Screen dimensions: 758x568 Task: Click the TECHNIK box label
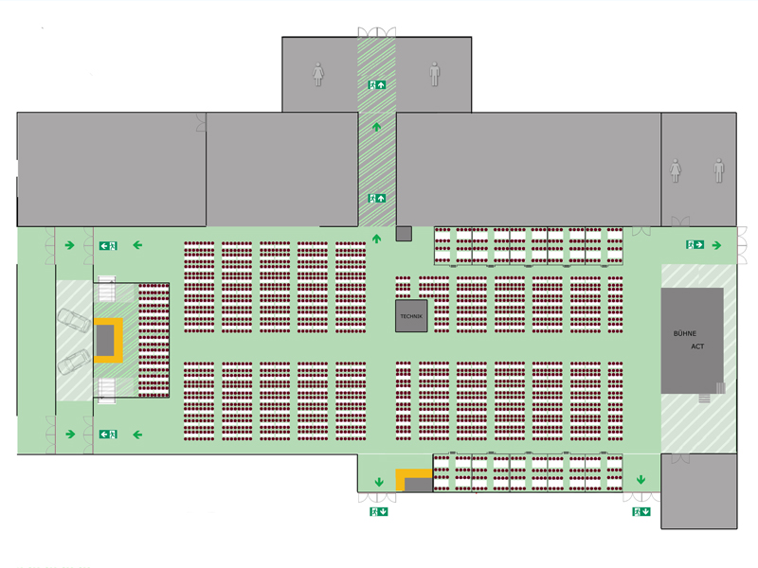point(411,316)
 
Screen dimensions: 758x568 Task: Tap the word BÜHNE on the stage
point(684,333)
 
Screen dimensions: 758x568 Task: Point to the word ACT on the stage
point(697,346)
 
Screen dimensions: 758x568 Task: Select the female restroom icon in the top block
point(317,75)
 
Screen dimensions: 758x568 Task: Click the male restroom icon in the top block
point(435,74)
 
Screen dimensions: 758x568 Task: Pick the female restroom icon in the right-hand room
point(676,170)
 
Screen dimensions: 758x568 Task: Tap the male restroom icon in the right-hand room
point(719,170)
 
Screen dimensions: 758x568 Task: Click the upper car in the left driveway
point(74,321)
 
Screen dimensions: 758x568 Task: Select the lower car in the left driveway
point(74,362)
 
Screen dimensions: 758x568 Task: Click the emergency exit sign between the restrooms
point(376,85)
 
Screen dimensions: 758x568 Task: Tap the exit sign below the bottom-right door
point(641,511)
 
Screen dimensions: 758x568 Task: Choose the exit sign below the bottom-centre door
point(378,511)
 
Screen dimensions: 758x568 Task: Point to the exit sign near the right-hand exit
point(695,244)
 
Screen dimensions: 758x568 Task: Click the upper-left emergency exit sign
point(108,246)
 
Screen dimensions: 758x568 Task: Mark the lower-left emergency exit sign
point(108,435)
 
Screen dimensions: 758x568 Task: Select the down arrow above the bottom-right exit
point(641,480)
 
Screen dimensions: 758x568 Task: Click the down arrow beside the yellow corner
point(379,482)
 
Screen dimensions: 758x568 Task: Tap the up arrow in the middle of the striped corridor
point(376,127)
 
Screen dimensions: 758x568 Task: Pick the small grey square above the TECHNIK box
point(404,234)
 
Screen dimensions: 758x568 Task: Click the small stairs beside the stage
point(704,399)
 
